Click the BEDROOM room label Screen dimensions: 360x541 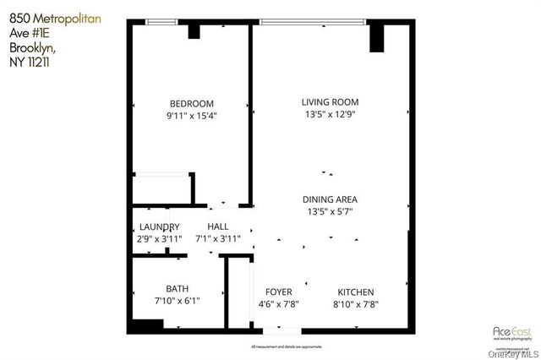191,104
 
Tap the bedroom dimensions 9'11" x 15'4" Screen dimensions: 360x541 192,117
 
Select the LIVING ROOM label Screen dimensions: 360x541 331,103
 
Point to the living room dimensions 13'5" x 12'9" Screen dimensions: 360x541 331,116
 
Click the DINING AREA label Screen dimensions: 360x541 331,199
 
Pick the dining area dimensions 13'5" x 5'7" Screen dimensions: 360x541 331,212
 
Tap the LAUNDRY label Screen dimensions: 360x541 160,226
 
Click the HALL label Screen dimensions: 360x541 218,226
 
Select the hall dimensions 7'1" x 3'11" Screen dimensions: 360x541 218,239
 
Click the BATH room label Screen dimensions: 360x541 178,288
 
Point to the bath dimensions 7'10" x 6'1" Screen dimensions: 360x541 178,301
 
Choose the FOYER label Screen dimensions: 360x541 278,292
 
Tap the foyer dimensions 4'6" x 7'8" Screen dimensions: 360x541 278,304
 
